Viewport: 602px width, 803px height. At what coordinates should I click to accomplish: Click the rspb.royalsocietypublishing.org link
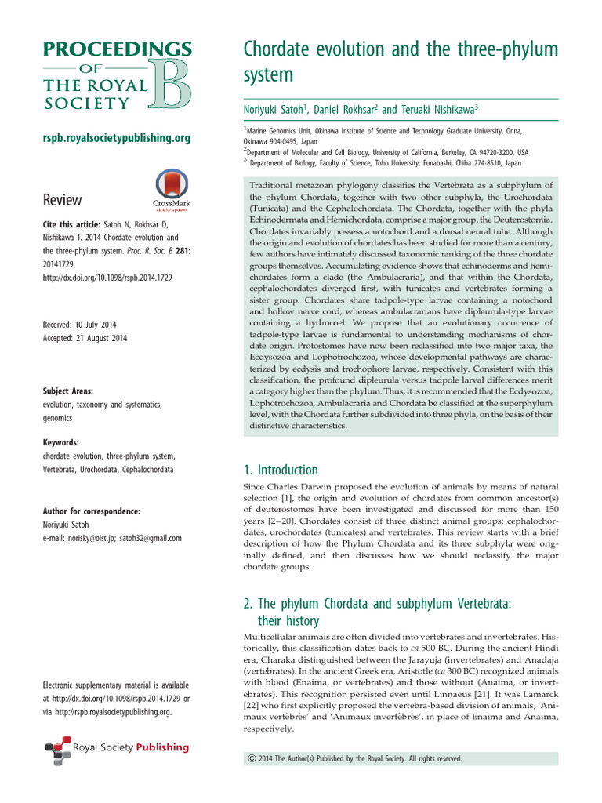point(116,138)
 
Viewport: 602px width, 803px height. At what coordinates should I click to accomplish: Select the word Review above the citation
point(62,199)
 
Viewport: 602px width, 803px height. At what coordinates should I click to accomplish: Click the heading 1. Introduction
point(281,471)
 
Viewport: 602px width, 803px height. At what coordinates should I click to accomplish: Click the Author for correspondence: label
point(92,511)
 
